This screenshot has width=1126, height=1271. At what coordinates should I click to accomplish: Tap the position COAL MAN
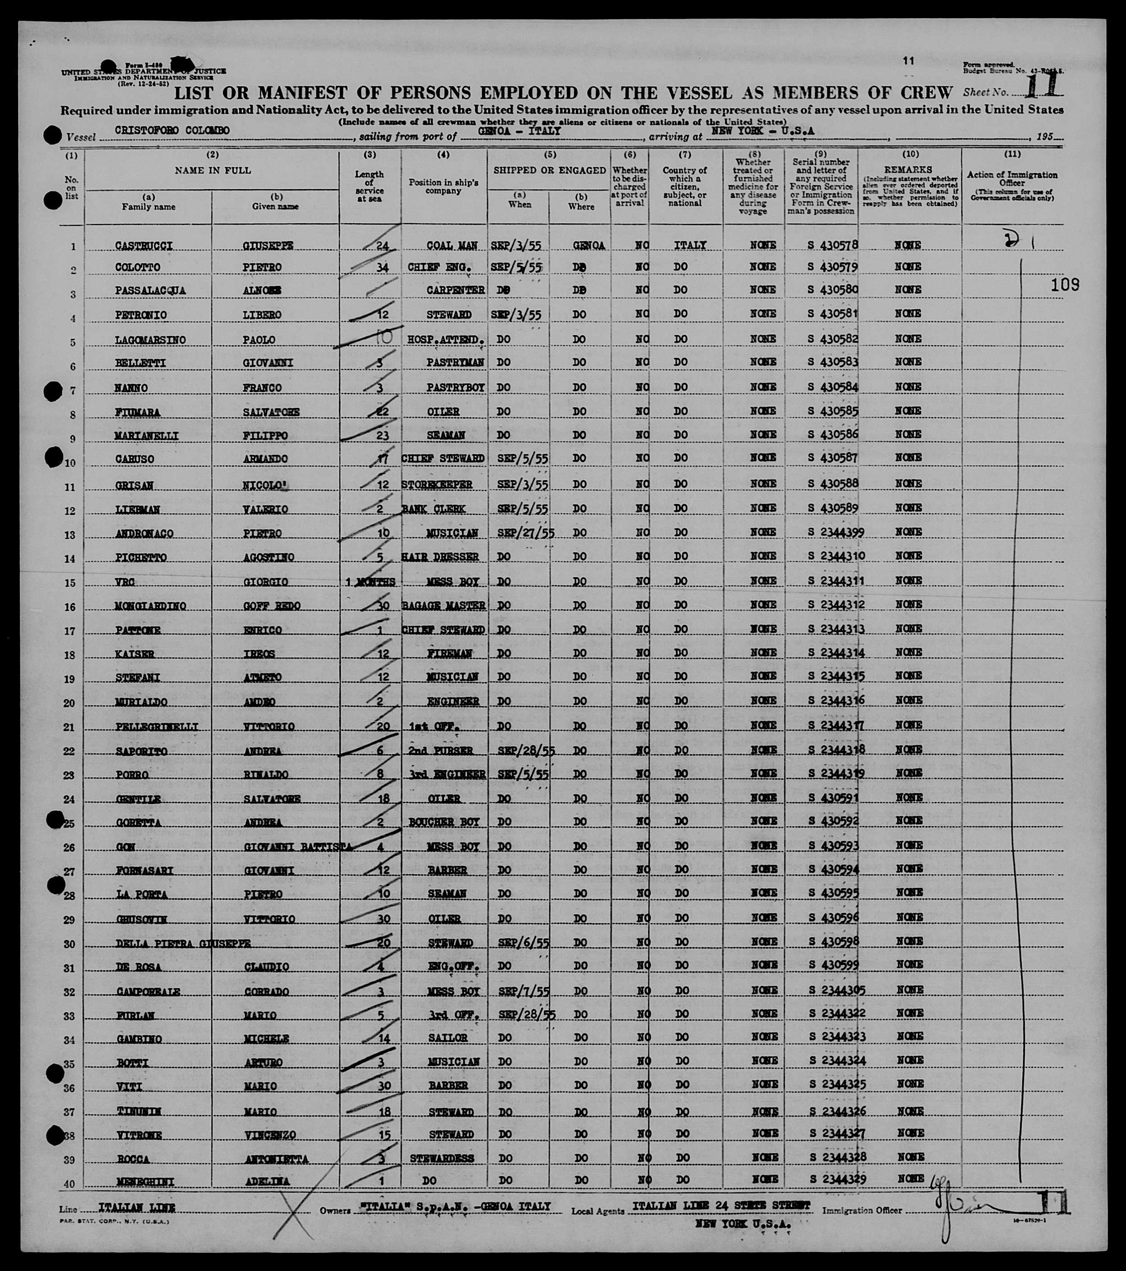tap(452, 246)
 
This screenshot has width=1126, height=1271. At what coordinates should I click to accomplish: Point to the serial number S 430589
tap(833, 508)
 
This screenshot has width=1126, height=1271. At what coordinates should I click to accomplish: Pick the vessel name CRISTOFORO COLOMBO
tap(172, 131)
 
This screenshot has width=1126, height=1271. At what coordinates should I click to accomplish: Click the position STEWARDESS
tap(442, 1159)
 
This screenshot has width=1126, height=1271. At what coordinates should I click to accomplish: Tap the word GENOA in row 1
tap(588, 246)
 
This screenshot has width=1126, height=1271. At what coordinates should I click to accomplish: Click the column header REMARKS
tap(908, 169)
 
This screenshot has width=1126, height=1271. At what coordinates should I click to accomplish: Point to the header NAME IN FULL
tap(213, 170)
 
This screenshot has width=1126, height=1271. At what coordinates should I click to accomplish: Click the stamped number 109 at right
tap(1065, 285)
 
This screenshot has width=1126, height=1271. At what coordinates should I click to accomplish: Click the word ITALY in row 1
tap(690, 246)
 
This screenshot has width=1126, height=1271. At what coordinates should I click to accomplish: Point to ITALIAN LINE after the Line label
tap(137, 1208)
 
